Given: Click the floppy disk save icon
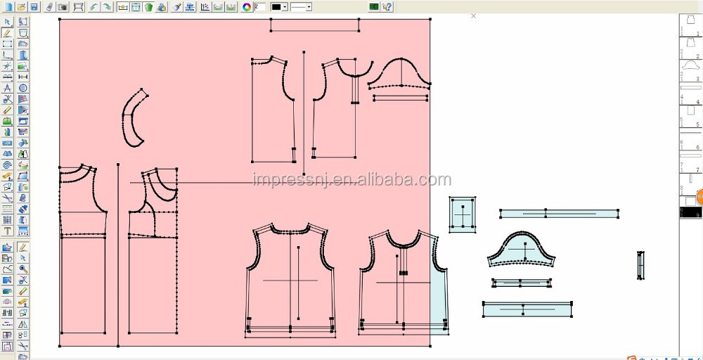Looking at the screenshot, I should click(34, 7).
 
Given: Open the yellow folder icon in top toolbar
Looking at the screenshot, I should click(22, 7).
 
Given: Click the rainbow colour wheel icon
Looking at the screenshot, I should click(247, 7).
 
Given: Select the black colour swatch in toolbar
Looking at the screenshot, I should click(276, 7).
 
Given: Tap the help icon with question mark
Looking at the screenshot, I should click(387, 7).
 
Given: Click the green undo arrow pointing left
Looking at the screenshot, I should click(93, 7).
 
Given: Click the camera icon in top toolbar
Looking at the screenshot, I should click(63, 7).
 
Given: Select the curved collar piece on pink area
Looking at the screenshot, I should click(135, 118).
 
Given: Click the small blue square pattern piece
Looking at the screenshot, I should click(462, 214).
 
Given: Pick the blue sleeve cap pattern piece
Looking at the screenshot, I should click(522, 250).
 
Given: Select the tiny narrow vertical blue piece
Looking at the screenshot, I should click(640, 265).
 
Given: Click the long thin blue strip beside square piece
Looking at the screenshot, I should click(559, 213).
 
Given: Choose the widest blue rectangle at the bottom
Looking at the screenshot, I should click(527, 309).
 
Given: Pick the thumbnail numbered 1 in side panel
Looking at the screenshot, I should click(690, 25).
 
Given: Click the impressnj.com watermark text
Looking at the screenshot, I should click(351, 181).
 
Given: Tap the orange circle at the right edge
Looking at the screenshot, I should click(699, 198).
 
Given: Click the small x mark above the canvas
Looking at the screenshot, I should click(473, 15).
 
